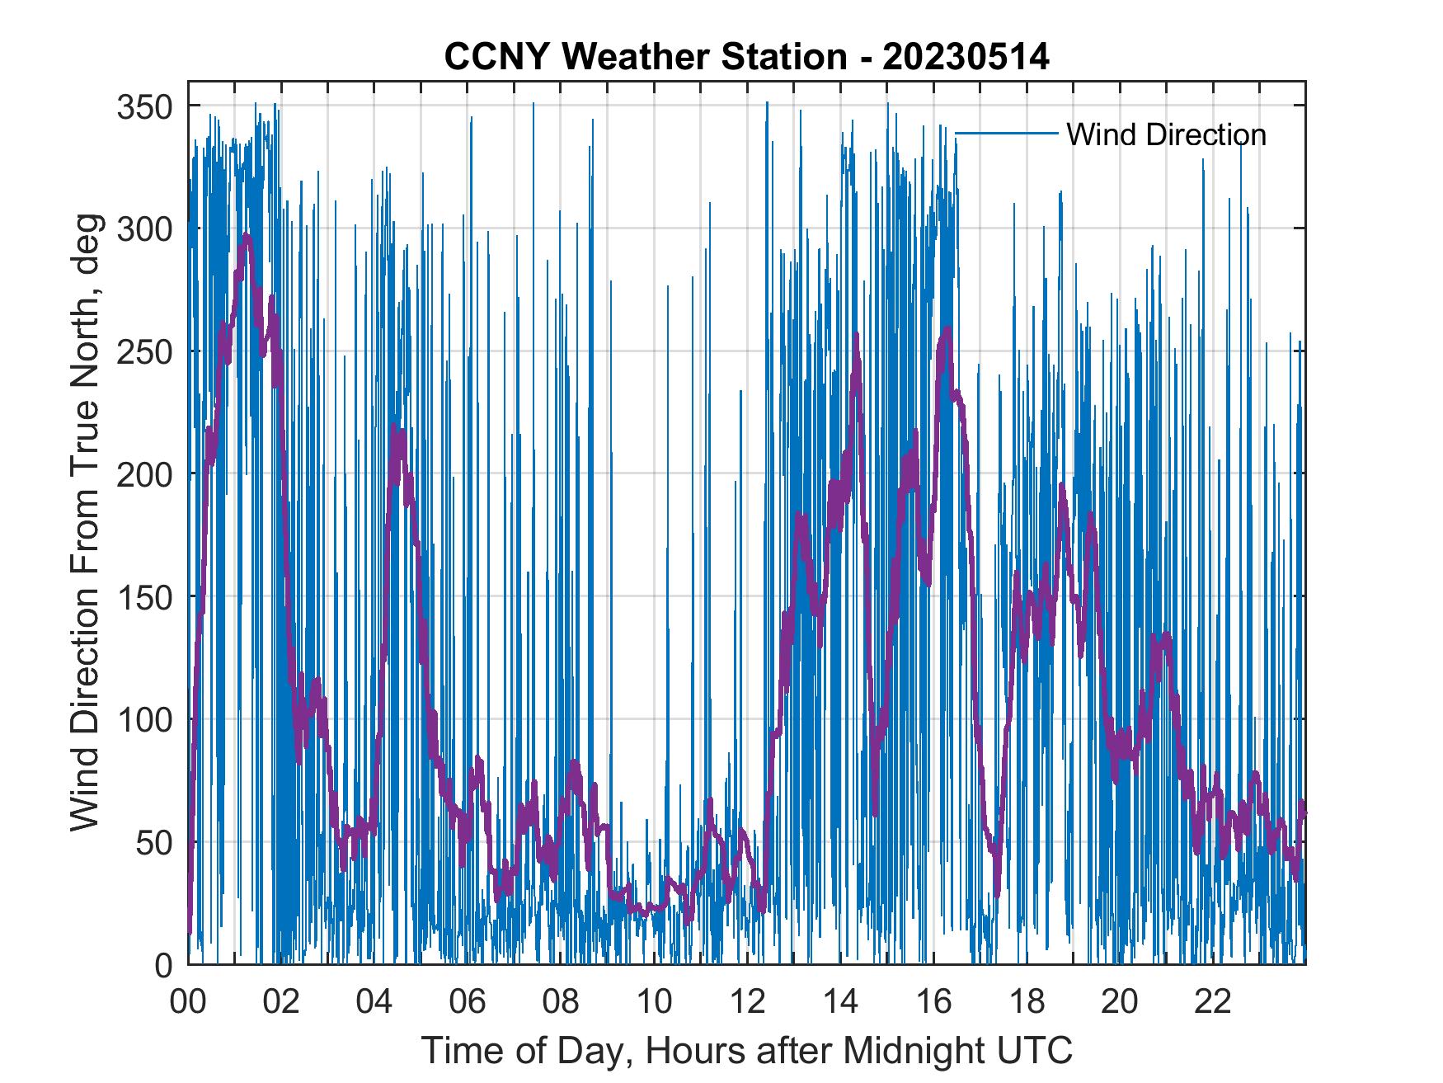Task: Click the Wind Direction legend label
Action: coord(1166,134)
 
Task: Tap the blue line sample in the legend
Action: coord(1006,133)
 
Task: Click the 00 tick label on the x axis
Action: coord(188,1002)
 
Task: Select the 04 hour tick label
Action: coord(374,1002)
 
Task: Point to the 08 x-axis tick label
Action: coord(561,1002)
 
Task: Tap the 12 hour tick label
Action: coord(747,1002)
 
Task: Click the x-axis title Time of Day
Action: coord(747,1051)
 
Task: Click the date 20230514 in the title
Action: coord(966,58)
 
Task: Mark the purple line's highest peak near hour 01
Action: coord(246,236)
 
